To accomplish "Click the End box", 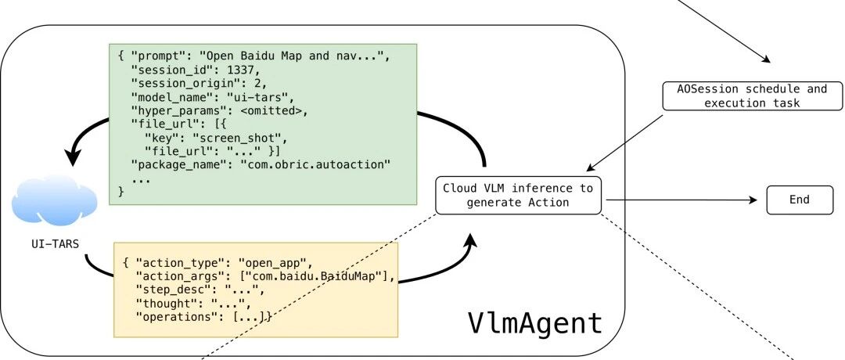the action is coord(800,200).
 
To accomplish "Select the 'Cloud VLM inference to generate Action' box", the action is coord(518,196).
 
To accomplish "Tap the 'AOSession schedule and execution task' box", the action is coord(752,96).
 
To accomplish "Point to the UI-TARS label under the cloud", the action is coord(55,244).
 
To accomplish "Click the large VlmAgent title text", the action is coord(534,323).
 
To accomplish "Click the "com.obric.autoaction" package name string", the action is coord(316,165).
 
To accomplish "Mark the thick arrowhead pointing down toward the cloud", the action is coord(74,157).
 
